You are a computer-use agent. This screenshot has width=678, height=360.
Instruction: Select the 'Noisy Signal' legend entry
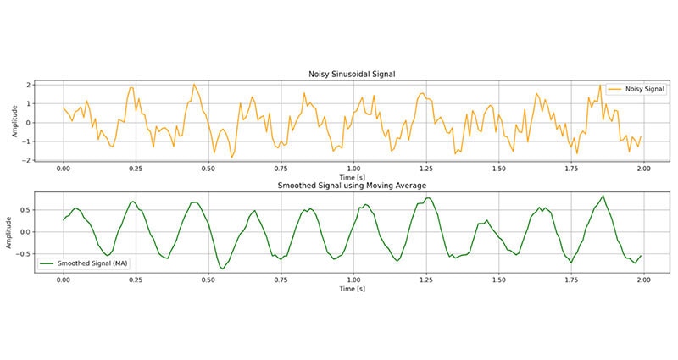coord(631,88)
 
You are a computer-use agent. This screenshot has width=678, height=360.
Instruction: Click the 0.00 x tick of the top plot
coord(63,169)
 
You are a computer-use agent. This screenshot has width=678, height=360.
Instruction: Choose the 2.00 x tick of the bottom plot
coord(643,280)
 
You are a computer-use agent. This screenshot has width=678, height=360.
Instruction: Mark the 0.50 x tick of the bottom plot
coord(208,280)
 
